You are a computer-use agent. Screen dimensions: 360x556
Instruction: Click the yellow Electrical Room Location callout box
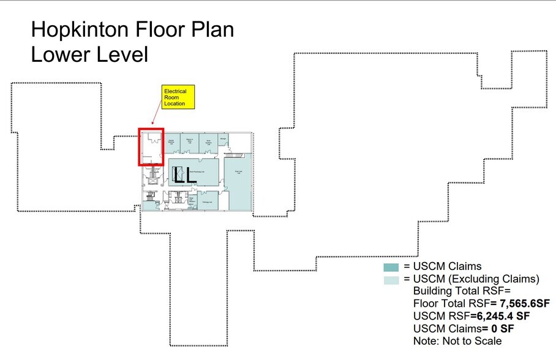(178, 98)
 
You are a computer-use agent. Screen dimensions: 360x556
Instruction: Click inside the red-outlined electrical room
(151, 147)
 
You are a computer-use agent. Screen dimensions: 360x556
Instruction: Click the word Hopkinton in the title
(82, 30)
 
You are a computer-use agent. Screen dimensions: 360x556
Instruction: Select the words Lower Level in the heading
(89, 54)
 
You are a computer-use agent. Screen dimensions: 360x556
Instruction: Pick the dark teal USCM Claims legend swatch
(391, 267)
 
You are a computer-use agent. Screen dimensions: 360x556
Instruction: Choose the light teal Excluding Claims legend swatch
(391, 279)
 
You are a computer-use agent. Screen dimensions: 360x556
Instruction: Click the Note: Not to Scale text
(457, 341)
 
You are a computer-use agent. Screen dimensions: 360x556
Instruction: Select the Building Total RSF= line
(457, 291)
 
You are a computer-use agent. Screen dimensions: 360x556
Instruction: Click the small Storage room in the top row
(223, 139)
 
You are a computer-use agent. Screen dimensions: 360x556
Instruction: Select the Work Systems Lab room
(209, 142)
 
